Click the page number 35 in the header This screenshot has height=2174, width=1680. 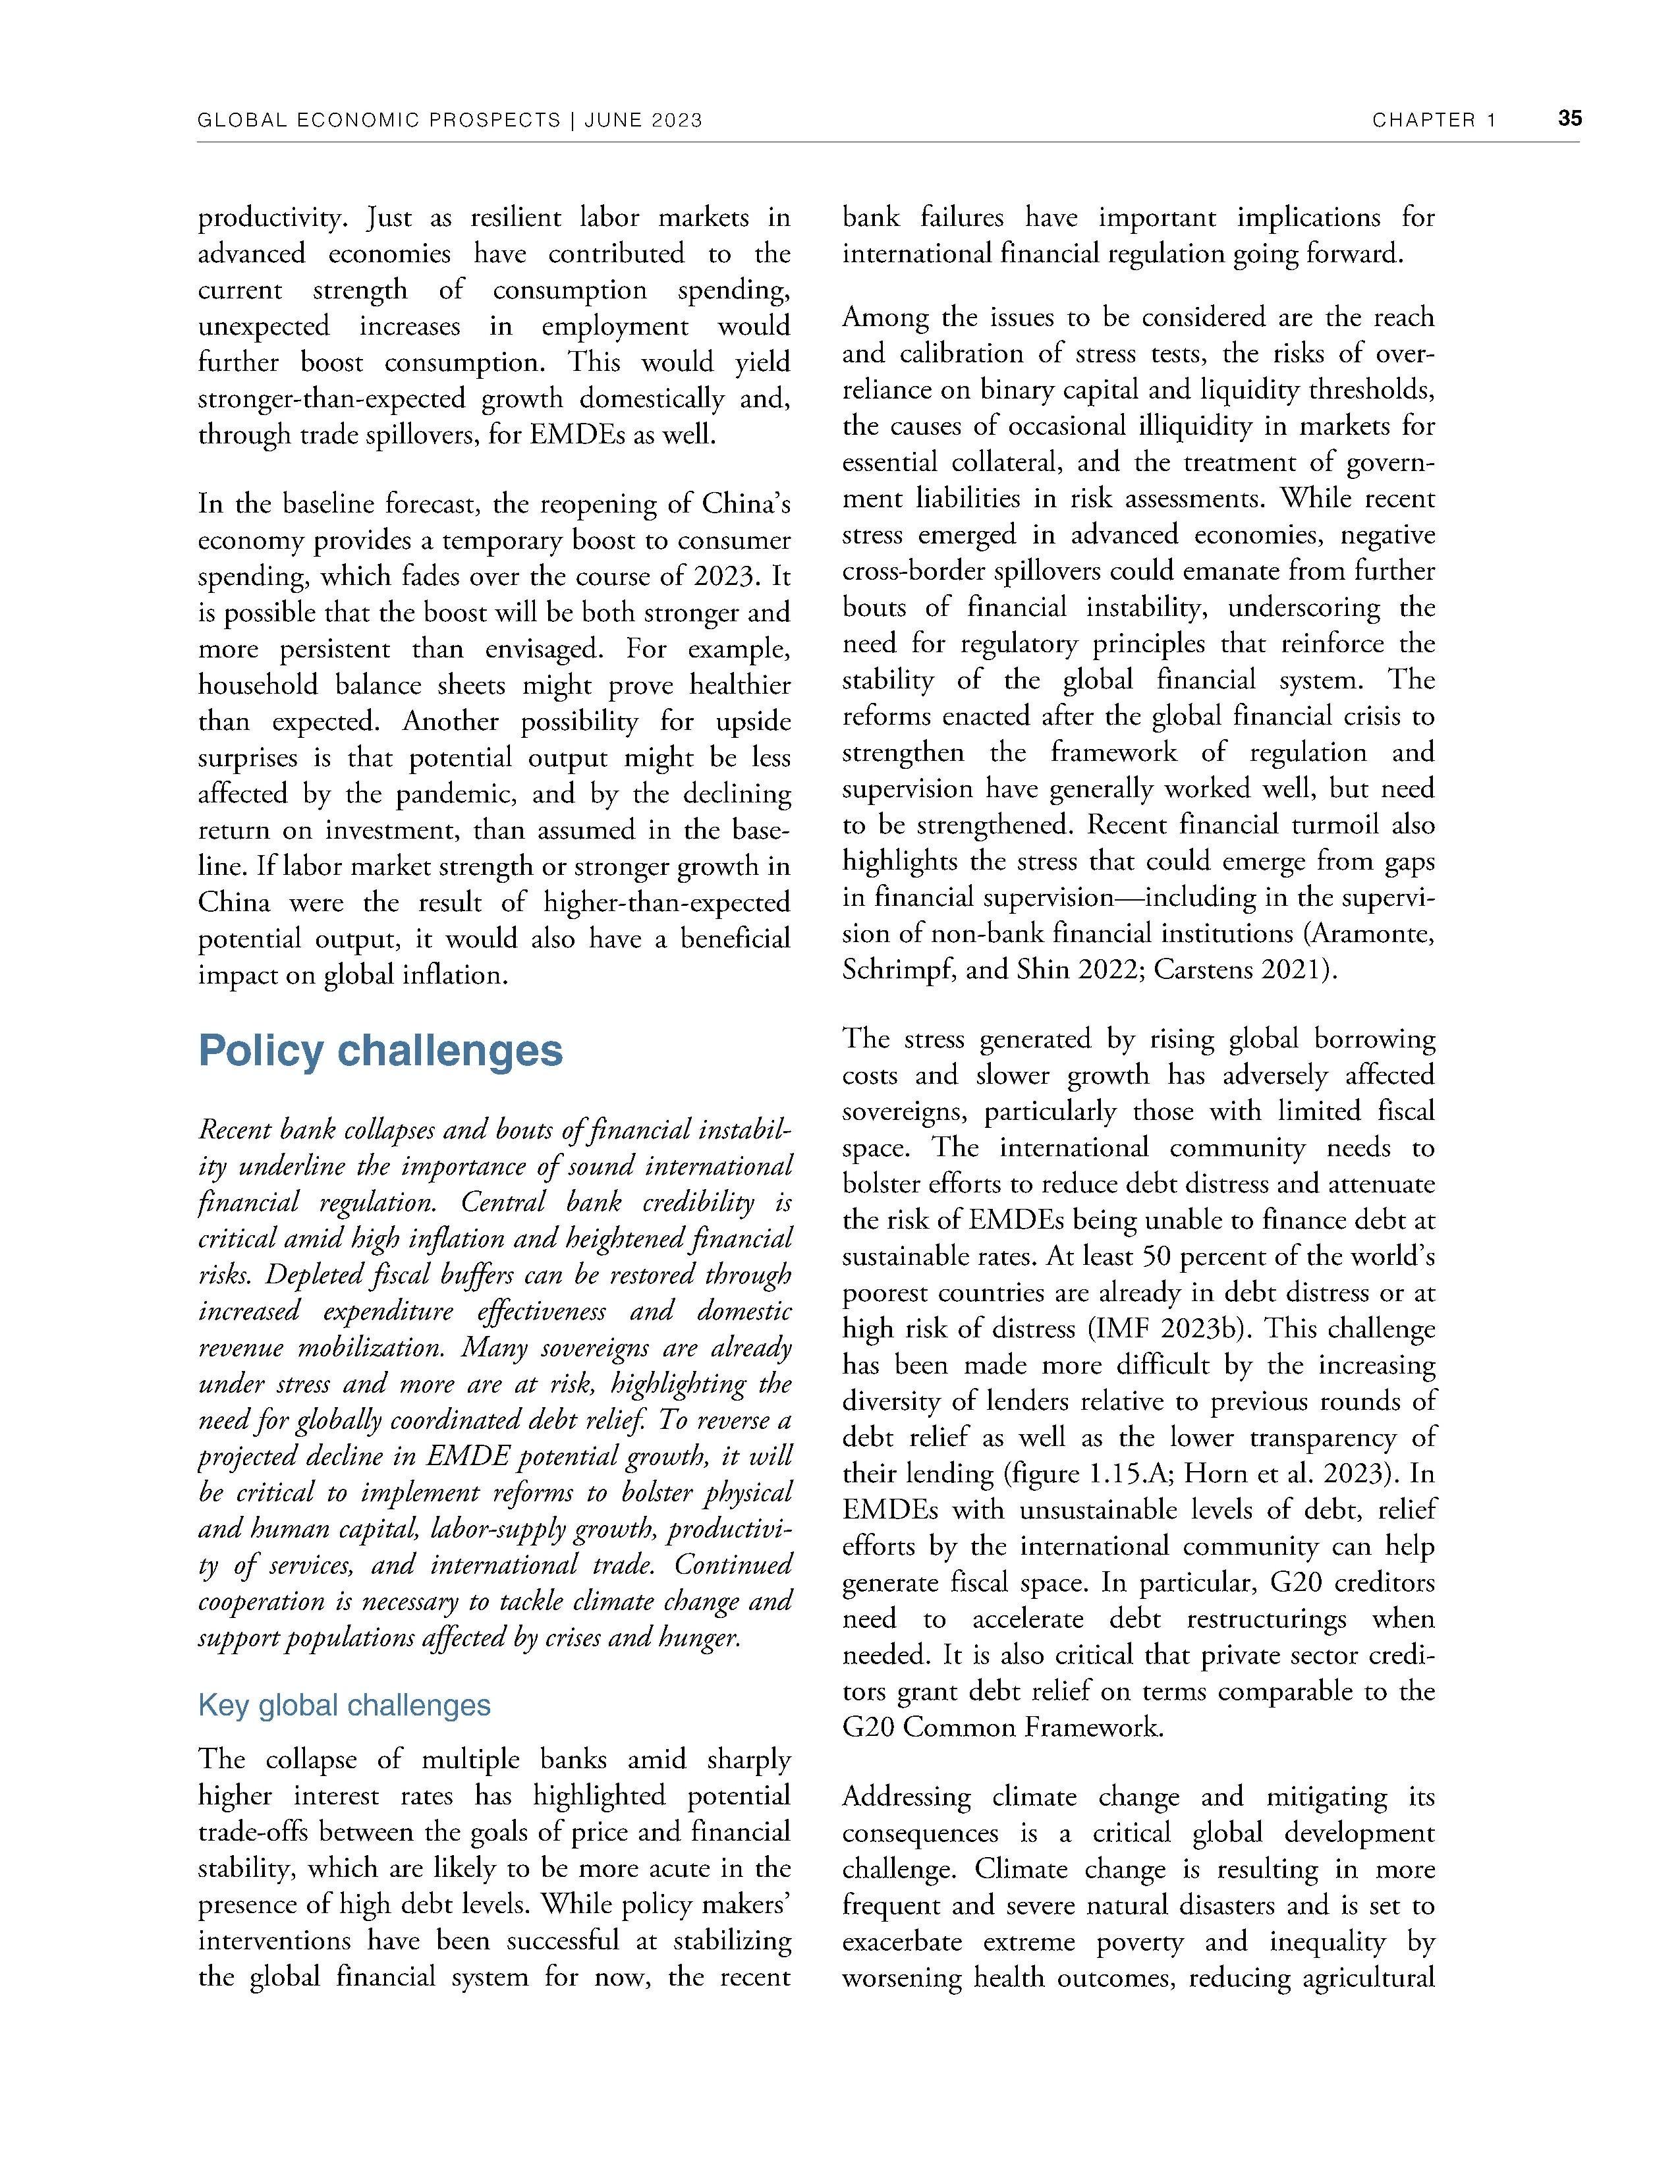(x=1569, y=119)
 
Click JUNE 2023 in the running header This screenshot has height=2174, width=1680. (x=644, y=121)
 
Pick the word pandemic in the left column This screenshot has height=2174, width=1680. (x=457, y=795)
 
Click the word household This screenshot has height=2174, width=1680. (x=257, y=686)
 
